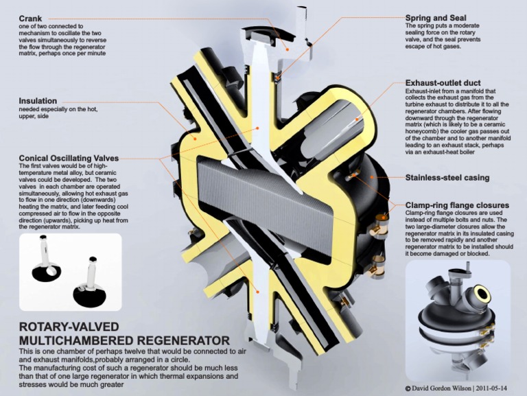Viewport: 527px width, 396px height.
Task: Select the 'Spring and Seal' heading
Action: tap(436, 18)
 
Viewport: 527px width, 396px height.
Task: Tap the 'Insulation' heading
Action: tap(38, 100)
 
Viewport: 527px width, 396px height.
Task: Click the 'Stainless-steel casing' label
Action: tap(447, 178)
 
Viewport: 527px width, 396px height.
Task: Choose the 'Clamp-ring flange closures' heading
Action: tap(456, 205)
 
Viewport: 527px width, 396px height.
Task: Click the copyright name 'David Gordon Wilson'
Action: tap(444, 388)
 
